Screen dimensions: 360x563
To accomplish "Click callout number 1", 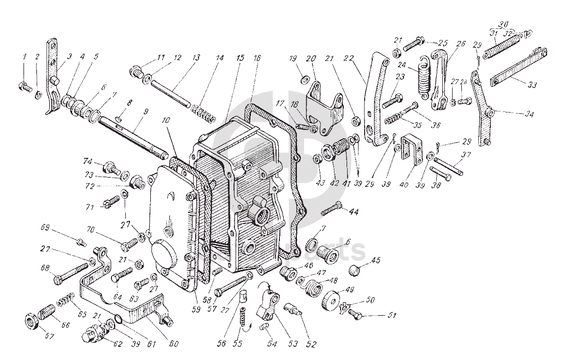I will (x=24, y=57).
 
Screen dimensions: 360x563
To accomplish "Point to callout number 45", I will (x=376, y=260).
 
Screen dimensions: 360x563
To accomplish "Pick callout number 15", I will (x=241, y=58).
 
